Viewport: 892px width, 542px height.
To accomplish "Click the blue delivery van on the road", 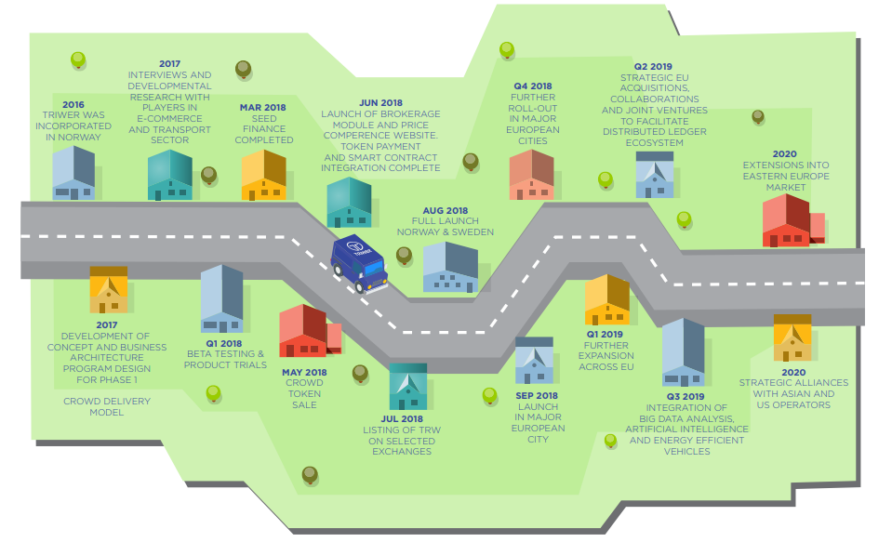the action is click(360, 264).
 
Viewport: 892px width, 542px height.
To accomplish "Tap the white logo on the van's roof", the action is click(356, 246).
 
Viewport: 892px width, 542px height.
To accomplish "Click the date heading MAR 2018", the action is click(263, 108).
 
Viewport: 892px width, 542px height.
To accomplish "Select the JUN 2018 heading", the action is click(380, 103).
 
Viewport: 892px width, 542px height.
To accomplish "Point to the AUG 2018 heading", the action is click(445, 210).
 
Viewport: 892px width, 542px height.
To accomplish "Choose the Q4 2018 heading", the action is click(533, 86).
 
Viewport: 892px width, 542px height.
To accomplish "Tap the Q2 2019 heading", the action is click(653, 67).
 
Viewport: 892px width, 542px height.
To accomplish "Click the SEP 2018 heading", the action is click(537, 396).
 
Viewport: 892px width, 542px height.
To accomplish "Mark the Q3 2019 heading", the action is click(686, 397).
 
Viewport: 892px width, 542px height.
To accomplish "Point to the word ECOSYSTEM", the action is click(654, 143).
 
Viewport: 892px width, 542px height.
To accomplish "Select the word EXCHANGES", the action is click(402, 452).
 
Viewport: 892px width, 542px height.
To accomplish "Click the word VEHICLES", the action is click(686, 452).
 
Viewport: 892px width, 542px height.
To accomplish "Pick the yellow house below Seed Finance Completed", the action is click(263, 175).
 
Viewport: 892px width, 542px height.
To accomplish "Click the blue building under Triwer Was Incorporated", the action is click(74, 173).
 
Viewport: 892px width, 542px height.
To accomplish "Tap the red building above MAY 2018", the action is click(310, 331).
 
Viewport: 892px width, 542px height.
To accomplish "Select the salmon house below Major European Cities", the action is click(531, 175).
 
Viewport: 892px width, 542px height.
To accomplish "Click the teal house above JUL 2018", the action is click(408, 387).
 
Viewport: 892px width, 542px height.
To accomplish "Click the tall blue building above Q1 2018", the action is click(222, 298).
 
